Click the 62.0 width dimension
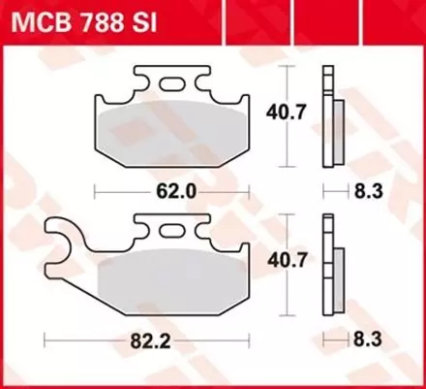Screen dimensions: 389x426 click(x=179, y=191)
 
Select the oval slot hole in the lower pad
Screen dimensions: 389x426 click(x=174, y=231)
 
